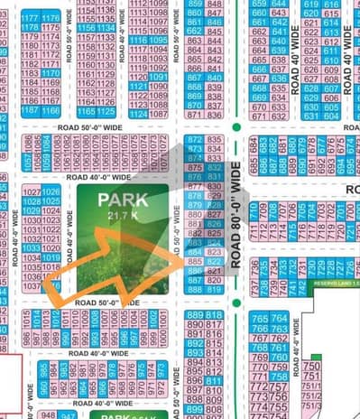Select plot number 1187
click(x=30, y=109)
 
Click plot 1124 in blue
click(x=138, y=114)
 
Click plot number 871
click(x=194, y=114)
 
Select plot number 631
click(x=311, y=116)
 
